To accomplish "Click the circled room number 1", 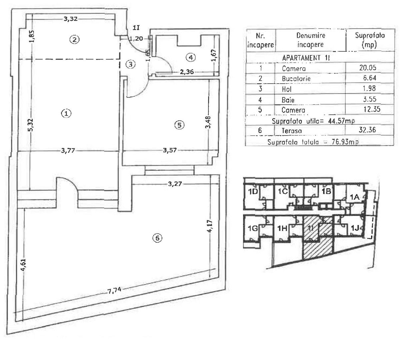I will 66,114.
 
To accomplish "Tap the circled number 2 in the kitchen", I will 74,39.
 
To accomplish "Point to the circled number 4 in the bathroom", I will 190,58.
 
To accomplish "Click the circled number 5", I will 179,125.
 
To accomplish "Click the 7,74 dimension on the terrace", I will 114,291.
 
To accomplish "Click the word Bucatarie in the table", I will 296,79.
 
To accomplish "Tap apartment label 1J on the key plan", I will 355,228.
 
